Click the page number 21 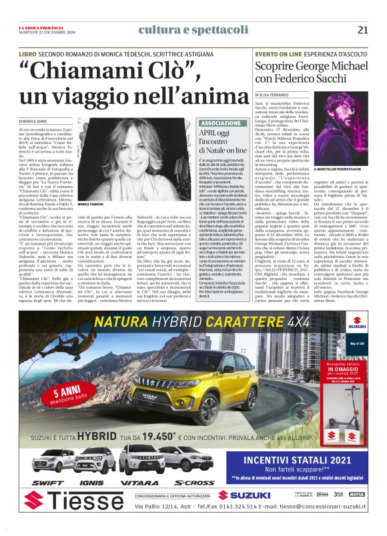(x=362, y=29)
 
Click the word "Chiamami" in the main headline (x=75, y=68)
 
